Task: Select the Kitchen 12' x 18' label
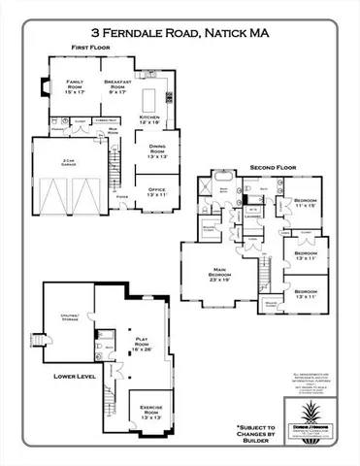[x=148, y=120]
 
